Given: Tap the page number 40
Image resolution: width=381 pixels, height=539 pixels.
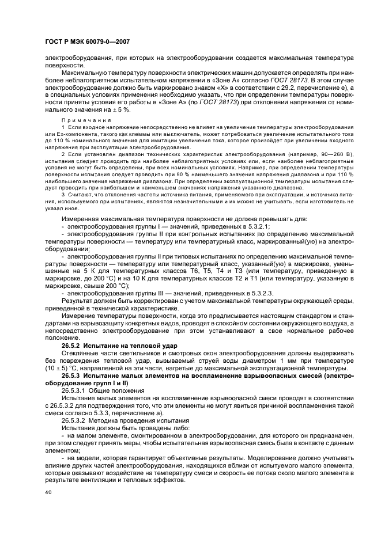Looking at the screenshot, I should pos(49,492).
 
